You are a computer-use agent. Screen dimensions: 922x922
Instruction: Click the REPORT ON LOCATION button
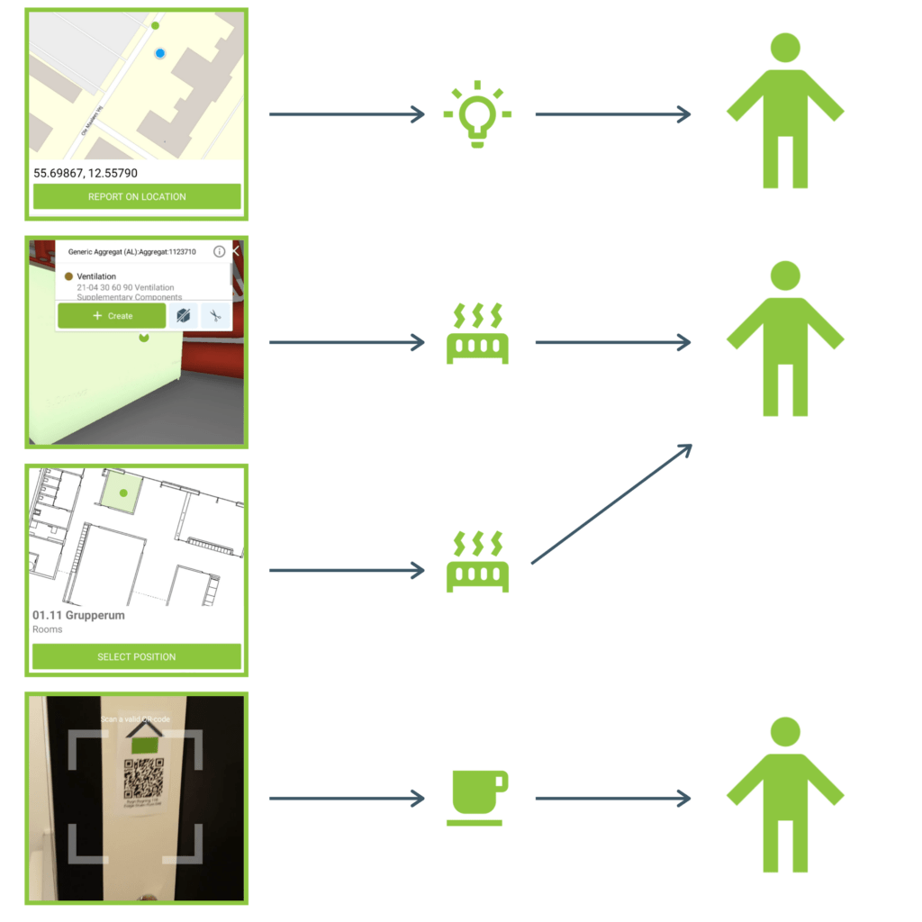[137, 196]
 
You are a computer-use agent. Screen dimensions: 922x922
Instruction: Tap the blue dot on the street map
[159, 54]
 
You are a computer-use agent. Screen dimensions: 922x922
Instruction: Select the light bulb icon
[477, 114]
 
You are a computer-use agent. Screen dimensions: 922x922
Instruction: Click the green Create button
[112, 316]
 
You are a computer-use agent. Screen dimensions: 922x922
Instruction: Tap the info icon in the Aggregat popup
[219, 252]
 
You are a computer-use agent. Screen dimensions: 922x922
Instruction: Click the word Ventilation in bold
[96, 276]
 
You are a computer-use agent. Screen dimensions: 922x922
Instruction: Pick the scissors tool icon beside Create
[215, 316]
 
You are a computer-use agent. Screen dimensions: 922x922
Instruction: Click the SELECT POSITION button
[137, 656]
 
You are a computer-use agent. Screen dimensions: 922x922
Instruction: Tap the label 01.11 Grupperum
[78, 616]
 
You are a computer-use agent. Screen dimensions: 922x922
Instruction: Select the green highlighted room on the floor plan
[120, 493]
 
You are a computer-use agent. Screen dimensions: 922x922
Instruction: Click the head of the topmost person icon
[785, 48]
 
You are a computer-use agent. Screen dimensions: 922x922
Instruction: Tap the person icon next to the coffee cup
[785, 794]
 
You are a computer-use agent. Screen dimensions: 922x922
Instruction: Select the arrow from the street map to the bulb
[347, 114]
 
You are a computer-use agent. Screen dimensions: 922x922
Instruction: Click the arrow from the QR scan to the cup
[347, 798]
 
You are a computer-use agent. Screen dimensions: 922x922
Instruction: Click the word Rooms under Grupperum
[48, 629]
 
